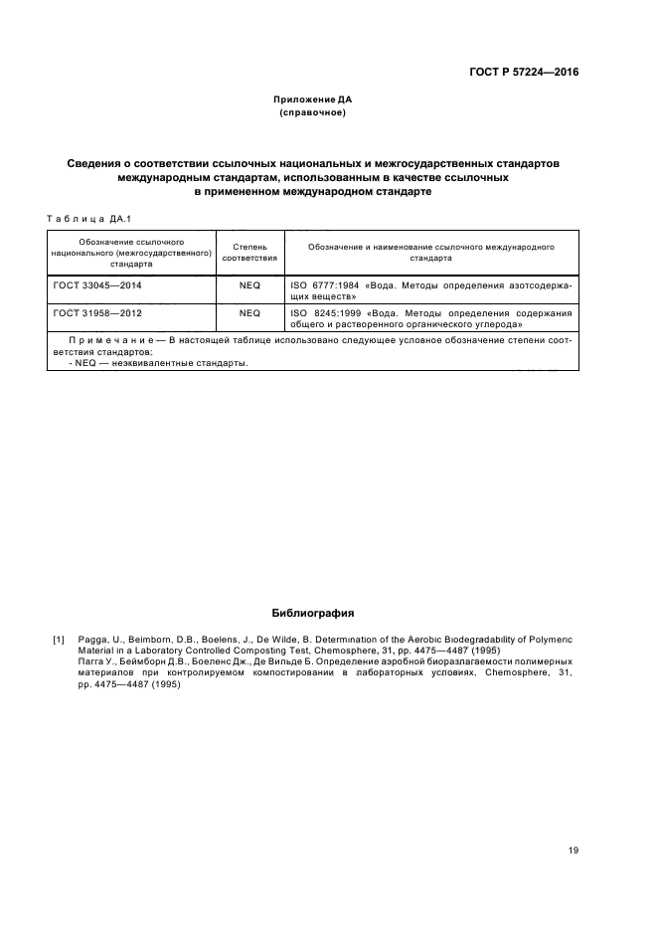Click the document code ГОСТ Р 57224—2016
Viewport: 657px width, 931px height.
point(524,73)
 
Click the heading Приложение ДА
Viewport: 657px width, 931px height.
point(313,99)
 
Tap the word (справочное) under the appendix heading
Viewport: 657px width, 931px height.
point(313,113)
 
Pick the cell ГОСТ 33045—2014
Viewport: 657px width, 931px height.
point(97,284)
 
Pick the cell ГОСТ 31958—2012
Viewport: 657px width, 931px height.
point(97,312)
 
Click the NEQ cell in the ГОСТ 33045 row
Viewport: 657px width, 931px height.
point(249,284)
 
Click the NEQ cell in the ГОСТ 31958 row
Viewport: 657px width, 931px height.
point(249,312)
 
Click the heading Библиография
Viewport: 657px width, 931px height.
point(313,613)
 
